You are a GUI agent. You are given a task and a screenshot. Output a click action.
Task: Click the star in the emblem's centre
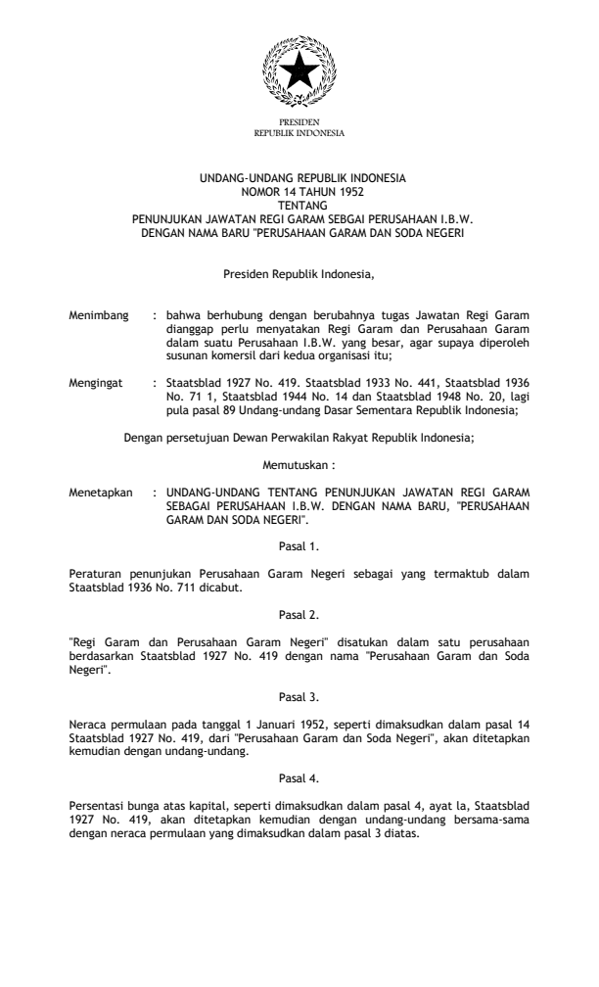click(299, 73)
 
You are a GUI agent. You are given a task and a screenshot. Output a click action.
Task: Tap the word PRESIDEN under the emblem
click(299, 120)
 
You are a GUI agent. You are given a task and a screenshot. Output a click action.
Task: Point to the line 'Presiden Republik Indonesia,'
click(299, 259)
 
